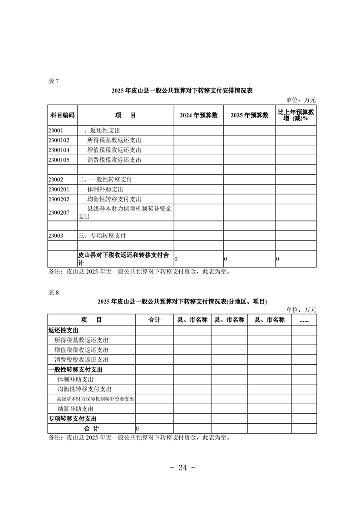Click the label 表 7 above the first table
(54, 81)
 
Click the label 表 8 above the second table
(54, 293)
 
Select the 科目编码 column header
(62, 115)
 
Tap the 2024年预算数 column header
(199, 115)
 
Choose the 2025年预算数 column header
(250, 115)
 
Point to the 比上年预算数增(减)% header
(296, 115)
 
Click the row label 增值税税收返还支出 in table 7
(114, 150)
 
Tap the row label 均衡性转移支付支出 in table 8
(84, 389)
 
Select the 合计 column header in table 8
(154, 320)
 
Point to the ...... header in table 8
(304, 320)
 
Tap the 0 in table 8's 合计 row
(137, 429)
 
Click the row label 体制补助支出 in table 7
(105, 189)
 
